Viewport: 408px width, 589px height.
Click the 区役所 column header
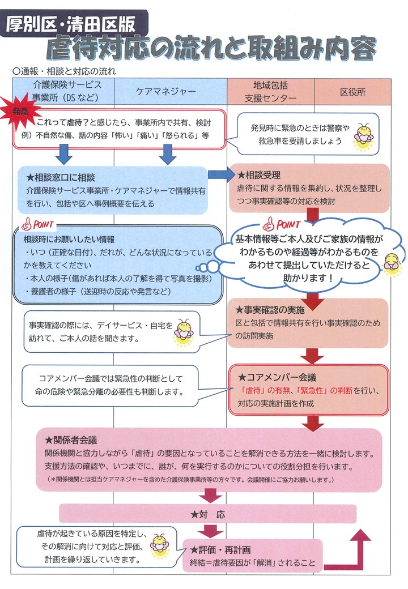tap(352, 92)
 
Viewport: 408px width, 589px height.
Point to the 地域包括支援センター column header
tap(270, 92)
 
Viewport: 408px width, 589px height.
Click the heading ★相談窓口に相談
tap(61, 177)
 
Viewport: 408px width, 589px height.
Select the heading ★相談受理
tap(260, 175)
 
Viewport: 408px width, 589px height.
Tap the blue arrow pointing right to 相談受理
tap(221, 174)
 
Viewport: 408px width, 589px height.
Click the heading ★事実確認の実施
tap(270, 310)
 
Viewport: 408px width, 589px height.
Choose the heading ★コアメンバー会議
tap(277, 377)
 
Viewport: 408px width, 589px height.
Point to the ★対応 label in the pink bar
tap(208, 514)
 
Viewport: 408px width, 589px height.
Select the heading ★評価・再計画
tap(220, 550)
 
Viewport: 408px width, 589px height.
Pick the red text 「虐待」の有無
tap(265, 391)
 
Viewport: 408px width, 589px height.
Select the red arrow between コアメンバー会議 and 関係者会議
tap(313, 422)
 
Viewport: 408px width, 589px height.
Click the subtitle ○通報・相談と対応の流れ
tap(64, 71)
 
